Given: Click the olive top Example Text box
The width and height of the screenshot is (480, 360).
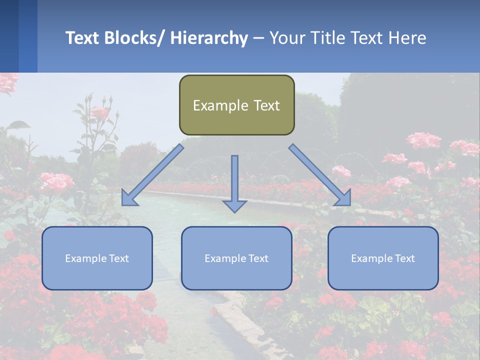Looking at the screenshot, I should tap(236, 105).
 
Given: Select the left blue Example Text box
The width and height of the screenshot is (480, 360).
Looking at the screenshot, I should tap(97, 258).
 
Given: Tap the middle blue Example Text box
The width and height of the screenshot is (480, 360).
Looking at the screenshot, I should tap(236, 258).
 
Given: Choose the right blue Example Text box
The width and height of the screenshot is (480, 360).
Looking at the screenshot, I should tap(383, 258).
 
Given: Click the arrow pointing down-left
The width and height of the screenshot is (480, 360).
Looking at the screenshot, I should tap(152, 175).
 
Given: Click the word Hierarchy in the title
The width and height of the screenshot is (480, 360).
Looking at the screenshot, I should tap(209, 38).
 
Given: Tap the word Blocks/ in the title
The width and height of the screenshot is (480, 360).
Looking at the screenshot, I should tap(135, 38).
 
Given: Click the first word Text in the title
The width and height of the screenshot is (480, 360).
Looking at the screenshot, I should tap(83, 38).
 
